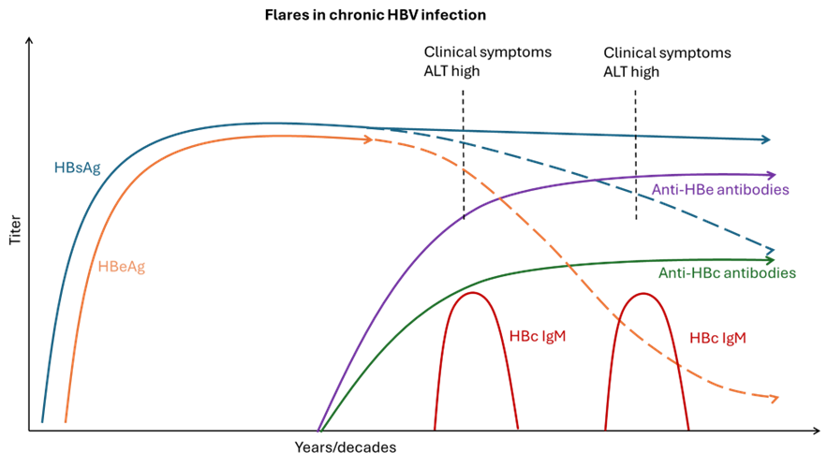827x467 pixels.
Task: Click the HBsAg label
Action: tap(77, 168)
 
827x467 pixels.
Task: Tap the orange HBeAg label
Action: tap(122, 267)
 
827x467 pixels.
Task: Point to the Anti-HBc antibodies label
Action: tap(727, 273)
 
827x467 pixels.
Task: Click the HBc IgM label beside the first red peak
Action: tap(538, 336)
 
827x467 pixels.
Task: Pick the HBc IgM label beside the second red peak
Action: tap(718, 338)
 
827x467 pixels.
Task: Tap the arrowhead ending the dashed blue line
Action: tap(770, 251)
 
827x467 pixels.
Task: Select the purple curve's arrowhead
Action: tap(771, 175)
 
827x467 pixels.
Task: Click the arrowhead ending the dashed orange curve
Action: tap(774, 398)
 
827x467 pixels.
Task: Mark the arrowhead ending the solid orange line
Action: tap(368, 139)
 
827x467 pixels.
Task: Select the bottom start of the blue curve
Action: tap(42, 421)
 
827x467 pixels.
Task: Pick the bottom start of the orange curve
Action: tap(66, 422)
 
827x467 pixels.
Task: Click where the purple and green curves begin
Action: tap(319, 431)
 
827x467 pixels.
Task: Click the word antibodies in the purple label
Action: tap(754, 190)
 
